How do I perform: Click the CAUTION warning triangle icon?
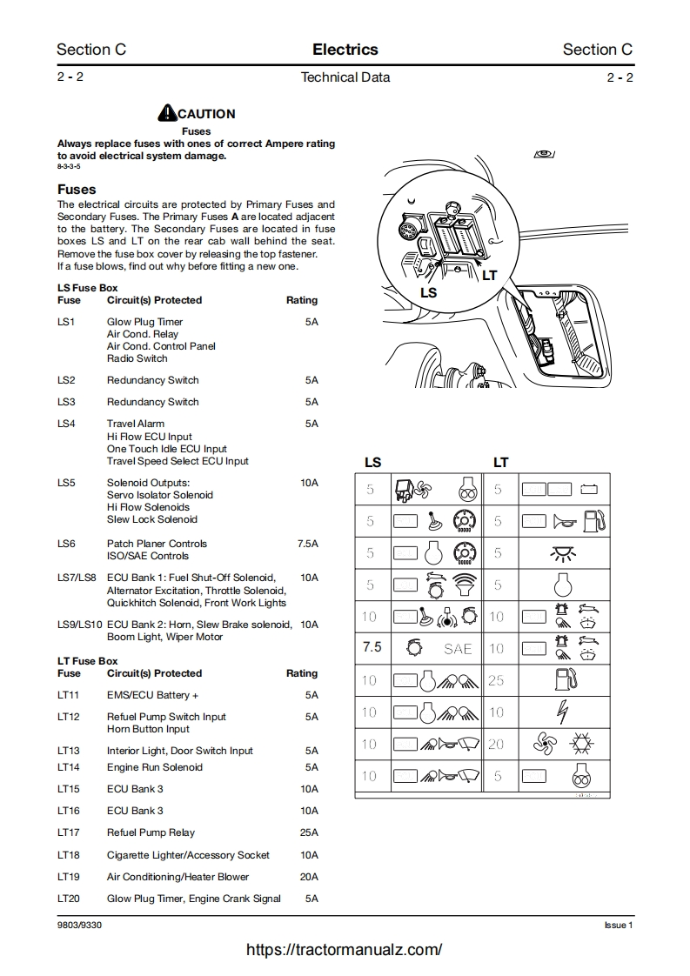(x=167, y=113)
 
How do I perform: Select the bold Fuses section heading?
(x=77, y=189)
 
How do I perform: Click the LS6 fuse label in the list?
(x=66, y=544)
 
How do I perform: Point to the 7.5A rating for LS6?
(x=307, y=544)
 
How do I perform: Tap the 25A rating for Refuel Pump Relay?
(x=309, y=832)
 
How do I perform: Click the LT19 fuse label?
(x=68, y=877)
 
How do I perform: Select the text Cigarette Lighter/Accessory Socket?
(x=188, y=855)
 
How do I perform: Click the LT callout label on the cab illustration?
(x=490, y=276)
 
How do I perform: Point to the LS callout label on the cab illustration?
(x=428, y=293)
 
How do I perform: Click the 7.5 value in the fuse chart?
(x=372, y=648)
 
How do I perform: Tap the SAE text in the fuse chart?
(x=458, y=649)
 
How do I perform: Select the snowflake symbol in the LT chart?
(x=578, y=745)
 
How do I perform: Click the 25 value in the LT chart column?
(x=496, y=681)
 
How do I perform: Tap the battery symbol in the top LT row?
(x=590, y=490)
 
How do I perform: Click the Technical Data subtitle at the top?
(x=345, y=77)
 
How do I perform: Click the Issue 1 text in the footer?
(x=619, y=925)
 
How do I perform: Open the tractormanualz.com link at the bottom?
(x=345, y=950)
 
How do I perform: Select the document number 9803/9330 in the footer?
(x=79, y=925)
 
